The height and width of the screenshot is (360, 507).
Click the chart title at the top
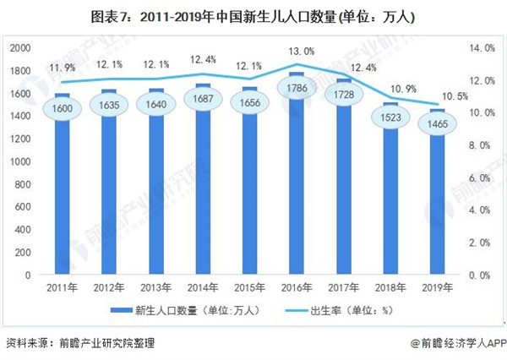(253, 16)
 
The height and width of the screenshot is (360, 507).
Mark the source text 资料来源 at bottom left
(80, 344)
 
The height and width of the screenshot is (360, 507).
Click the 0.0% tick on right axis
(480, 275)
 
